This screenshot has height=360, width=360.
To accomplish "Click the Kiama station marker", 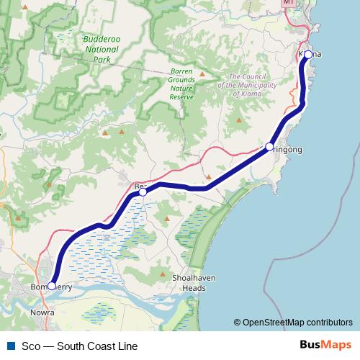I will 308,54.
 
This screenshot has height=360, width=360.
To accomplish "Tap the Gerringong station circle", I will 269,146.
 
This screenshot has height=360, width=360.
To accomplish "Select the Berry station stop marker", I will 143,192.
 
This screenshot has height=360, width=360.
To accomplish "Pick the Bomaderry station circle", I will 51,286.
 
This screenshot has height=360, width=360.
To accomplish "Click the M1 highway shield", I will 290,3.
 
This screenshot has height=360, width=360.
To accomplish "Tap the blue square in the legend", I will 10,346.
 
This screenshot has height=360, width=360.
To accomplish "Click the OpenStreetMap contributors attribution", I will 297,323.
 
